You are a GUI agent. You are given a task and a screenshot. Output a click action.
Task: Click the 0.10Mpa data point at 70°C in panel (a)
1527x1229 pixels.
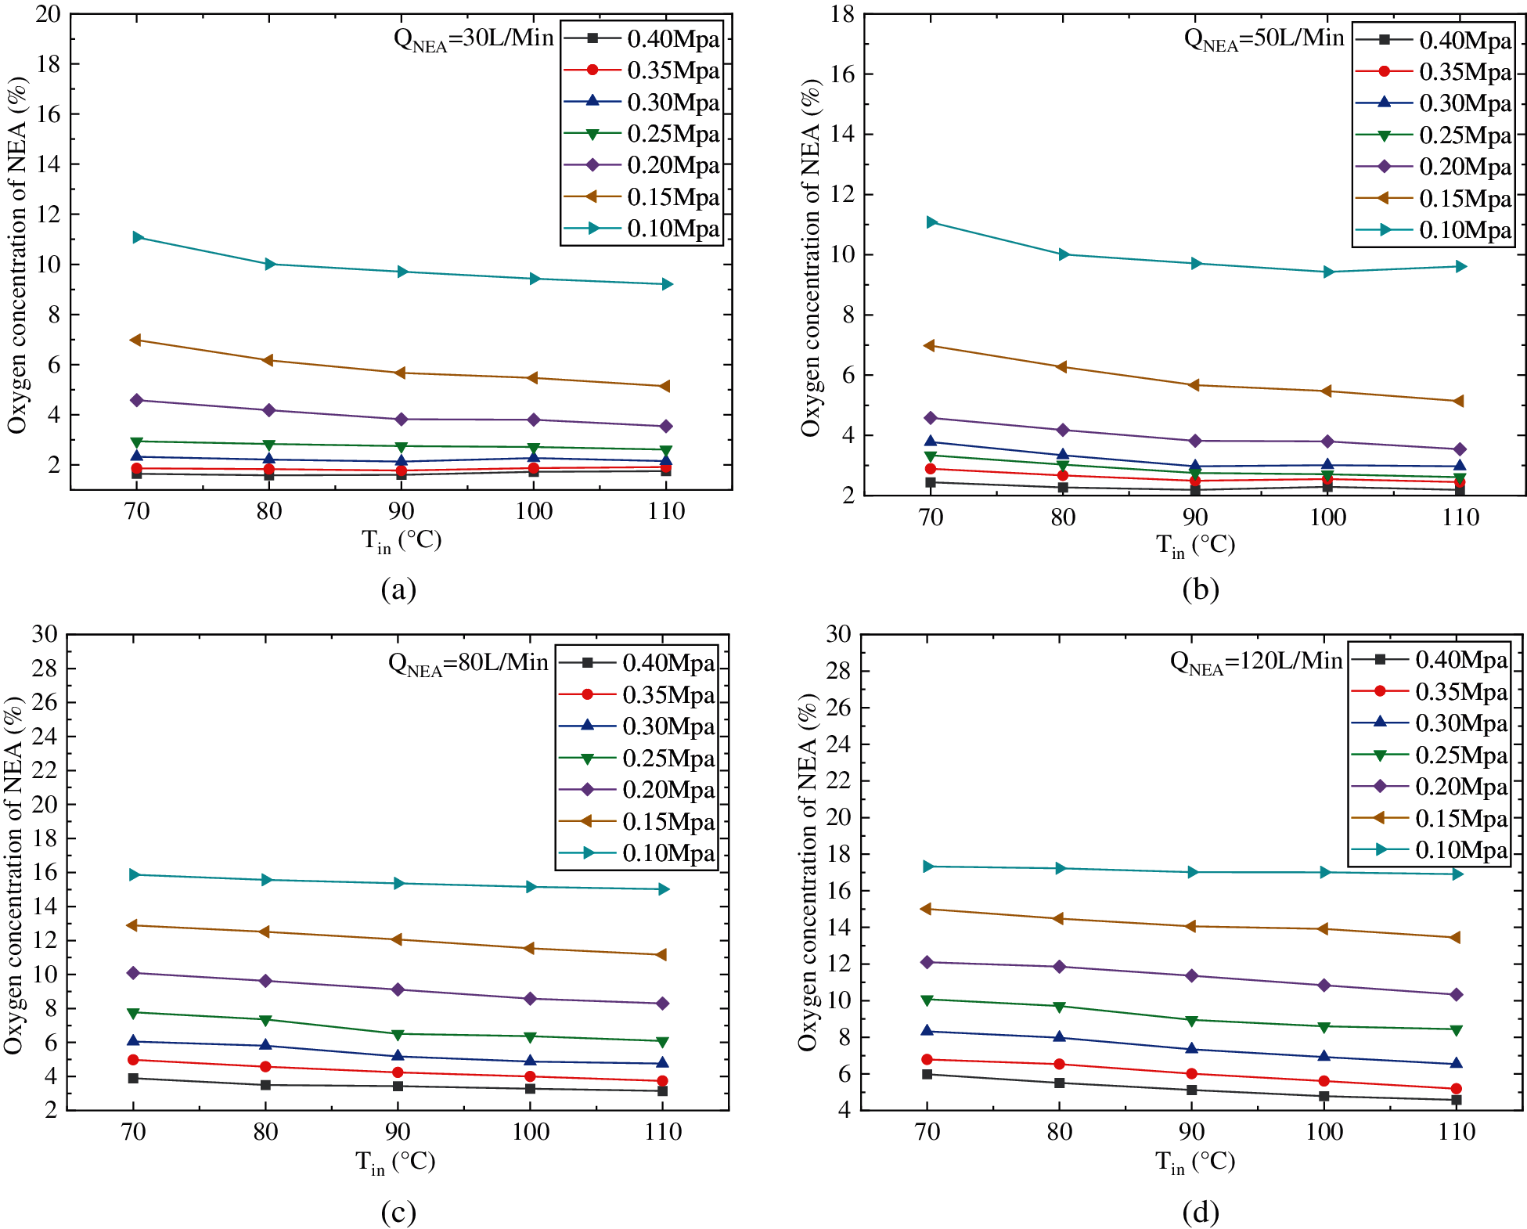138,237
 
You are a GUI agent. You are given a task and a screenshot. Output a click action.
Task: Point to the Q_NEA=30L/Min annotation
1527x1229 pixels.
474,38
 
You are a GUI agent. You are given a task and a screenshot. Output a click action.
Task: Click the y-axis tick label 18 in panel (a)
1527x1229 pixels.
48,64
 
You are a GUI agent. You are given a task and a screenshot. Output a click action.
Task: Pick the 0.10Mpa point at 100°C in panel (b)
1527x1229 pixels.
1328,272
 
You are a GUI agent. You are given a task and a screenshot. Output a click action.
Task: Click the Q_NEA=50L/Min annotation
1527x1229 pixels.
1264,38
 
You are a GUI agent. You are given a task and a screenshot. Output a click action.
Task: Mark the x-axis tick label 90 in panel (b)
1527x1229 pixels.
1195,517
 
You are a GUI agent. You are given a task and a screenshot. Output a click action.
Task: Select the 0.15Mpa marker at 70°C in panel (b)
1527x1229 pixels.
930,346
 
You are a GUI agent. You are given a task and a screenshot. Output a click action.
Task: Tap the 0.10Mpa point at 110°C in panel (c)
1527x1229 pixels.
664,889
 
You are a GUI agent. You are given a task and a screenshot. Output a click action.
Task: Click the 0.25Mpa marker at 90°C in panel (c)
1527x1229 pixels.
398,1035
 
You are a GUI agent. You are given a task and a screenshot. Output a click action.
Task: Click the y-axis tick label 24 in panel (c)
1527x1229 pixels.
45,736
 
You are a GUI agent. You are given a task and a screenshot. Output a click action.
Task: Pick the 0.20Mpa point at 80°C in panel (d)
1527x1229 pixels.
1060,967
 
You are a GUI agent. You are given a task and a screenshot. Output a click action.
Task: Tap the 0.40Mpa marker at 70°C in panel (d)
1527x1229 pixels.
927,1074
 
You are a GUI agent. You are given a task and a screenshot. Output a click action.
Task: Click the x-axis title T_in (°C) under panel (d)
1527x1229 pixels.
1195,1162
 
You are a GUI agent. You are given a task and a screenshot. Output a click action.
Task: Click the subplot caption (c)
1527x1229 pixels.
398,1213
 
